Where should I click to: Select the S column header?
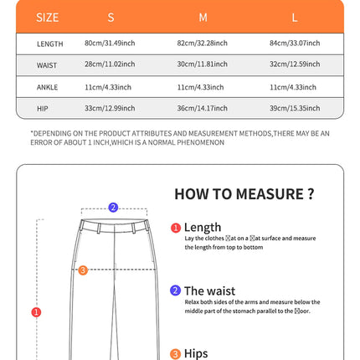click(111, 17)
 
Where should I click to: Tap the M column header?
click(202, 17)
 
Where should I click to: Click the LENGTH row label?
click(49, 44)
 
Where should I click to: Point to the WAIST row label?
click(48, 65)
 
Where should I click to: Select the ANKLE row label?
click(48, 87)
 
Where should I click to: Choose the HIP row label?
click(43, 108)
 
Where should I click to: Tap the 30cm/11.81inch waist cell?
click(203, 65)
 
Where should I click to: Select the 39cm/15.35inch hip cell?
click(295, 108)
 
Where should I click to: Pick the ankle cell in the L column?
click(295, 87)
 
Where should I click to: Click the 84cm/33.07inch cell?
click(295, 44)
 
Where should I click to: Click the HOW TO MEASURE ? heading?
click(244, 194)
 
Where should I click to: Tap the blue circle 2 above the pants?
click(113, 208)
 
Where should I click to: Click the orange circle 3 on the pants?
click(83, 270)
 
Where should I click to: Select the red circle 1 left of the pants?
click(36, 312)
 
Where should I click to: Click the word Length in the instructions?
click(203, 227)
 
